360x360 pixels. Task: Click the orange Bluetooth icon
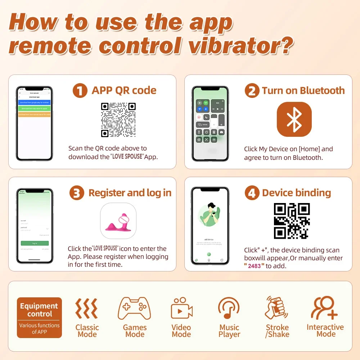294,119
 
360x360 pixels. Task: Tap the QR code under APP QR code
118,120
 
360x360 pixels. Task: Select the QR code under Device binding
292,221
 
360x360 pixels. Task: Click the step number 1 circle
80,90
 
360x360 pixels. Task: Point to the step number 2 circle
252,91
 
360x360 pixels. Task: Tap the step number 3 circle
77,193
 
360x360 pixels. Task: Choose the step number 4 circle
252,193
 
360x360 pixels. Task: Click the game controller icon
135,309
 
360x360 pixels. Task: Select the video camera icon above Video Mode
181,309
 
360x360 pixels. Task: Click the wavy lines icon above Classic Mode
86,309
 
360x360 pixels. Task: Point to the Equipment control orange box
39,318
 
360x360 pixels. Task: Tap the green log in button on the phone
35,243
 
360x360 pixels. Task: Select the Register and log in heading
130,193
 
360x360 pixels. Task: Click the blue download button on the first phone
35,102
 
